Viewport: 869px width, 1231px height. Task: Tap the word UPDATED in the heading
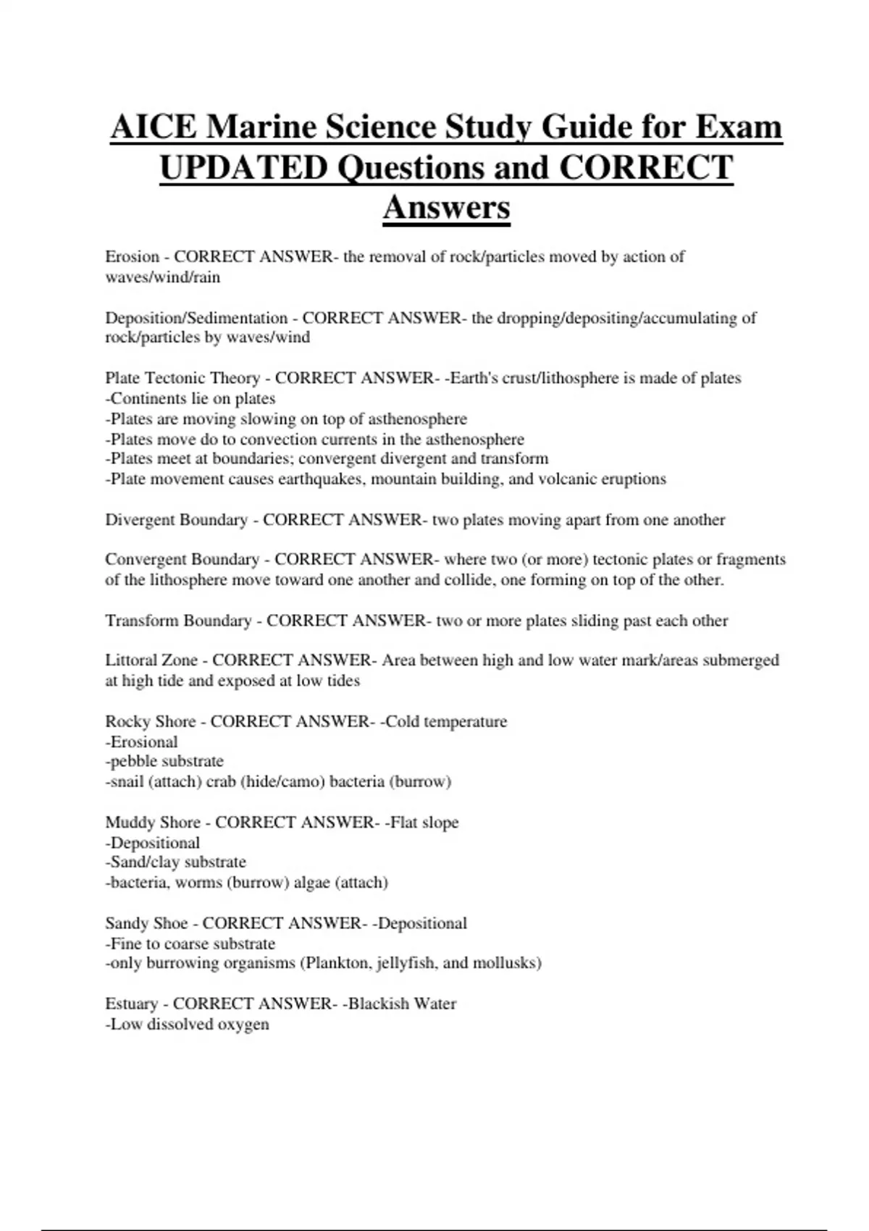click(x=243, y=168)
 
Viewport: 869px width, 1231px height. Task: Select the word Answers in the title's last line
click(x=446, y=208)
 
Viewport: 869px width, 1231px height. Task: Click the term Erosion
click(x=132, y=257)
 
